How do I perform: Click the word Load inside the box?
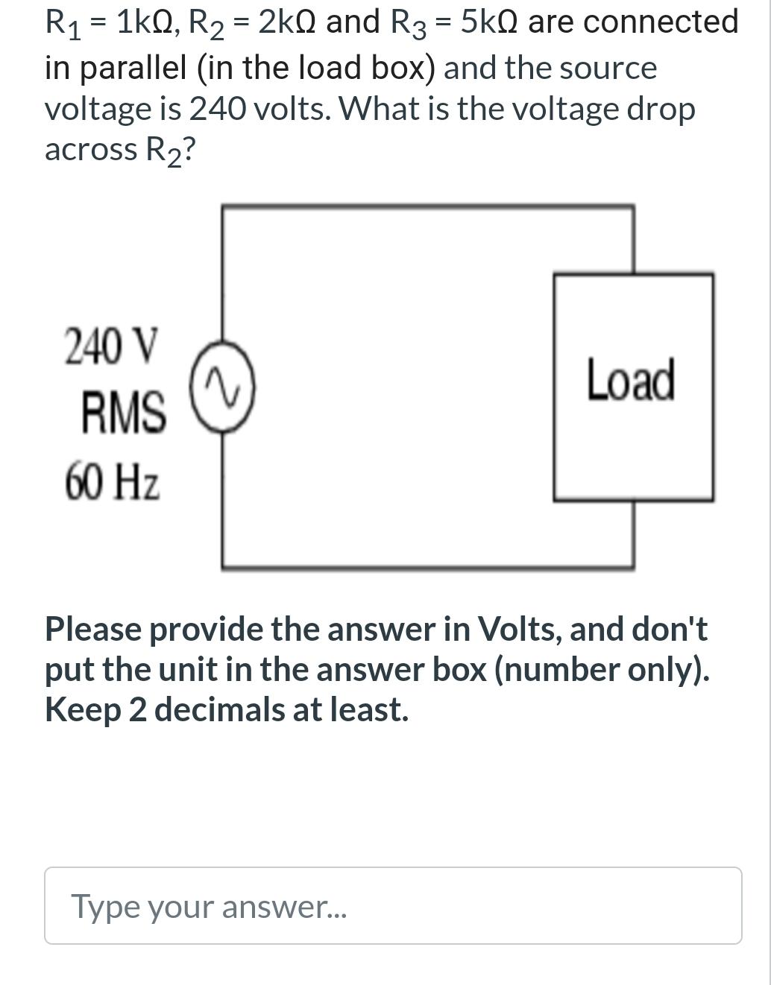tap(631, 380)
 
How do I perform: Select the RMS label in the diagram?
tap(124, 413)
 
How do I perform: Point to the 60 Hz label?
tap(112, 481)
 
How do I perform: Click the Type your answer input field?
tap(393, 905)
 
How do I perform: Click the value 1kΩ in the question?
tap(145, 22)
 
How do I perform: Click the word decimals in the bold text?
tap(219, 709)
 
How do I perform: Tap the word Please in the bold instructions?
tap(92, 630)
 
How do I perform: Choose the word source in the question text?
tap(608, 68)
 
